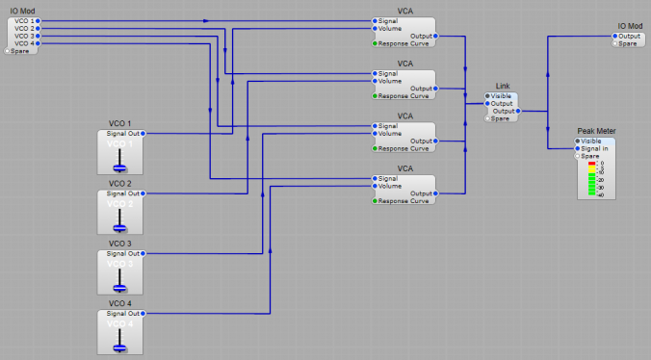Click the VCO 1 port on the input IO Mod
37,20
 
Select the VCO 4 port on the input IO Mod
37,43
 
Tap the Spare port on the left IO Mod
8,51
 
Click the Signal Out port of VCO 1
143,134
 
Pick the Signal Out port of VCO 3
143,253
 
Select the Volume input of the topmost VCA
375,28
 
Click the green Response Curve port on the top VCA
375,43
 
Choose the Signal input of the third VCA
375,126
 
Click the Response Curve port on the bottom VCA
375,201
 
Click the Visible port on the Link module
487,96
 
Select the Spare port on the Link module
487,118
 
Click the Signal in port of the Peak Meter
578,148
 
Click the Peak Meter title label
596,131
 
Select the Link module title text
502,87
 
